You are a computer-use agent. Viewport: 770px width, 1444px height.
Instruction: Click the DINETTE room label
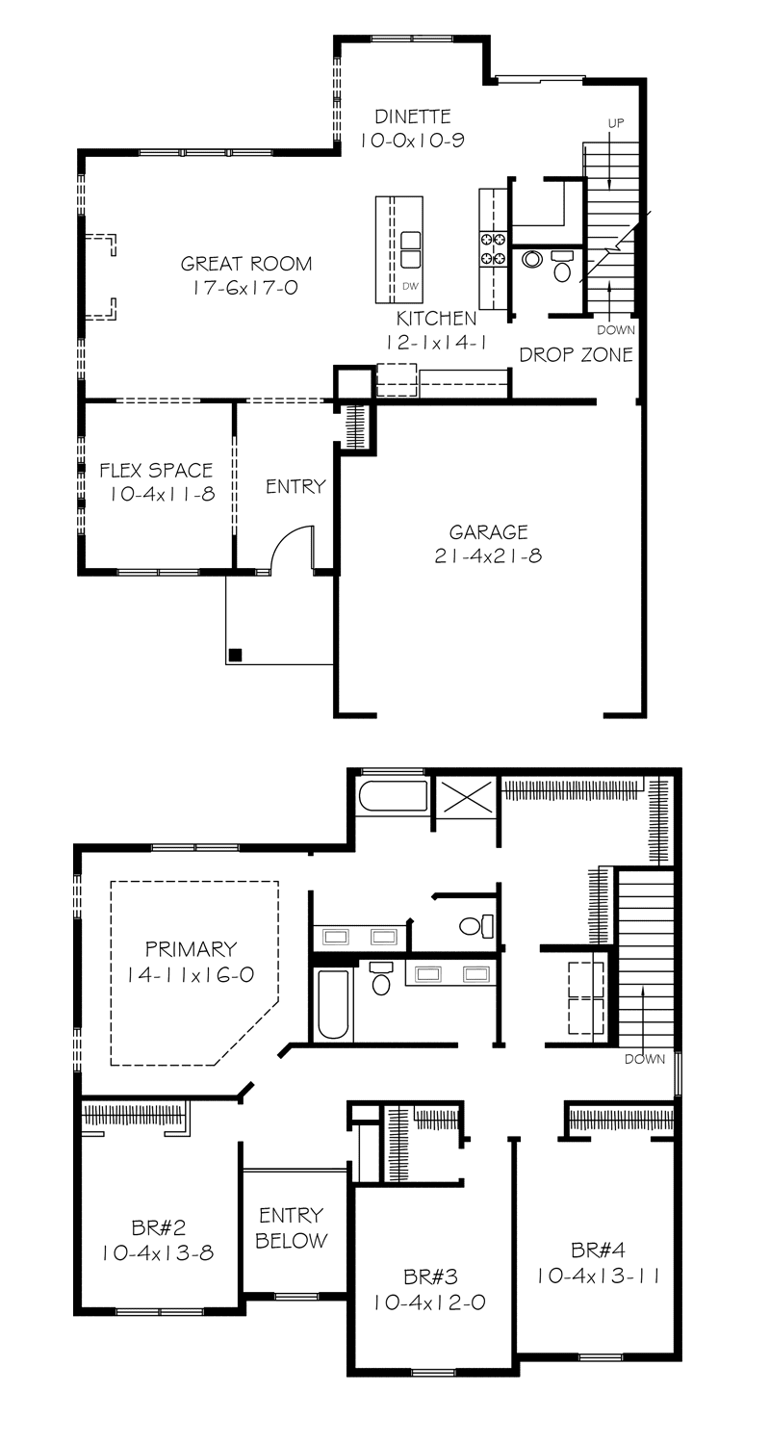413,116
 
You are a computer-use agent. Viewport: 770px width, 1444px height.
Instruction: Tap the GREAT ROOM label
246,264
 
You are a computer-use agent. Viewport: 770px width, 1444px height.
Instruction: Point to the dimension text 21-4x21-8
488,556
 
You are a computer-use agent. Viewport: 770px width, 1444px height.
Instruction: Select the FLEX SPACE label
156,471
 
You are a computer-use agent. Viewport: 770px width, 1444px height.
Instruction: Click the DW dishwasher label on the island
410,287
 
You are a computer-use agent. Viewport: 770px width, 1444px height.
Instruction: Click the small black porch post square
236,655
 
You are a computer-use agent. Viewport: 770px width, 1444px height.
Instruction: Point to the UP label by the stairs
616,123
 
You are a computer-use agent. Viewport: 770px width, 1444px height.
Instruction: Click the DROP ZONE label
576,354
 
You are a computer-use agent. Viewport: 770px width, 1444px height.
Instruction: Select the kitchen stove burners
494,248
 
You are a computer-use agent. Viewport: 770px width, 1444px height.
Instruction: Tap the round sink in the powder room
532,259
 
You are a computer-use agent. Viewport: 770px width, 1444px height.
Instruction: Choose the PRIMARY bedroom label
191,949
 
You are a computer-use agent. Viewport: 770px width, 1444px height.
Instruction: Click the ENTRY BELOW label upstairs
292,1228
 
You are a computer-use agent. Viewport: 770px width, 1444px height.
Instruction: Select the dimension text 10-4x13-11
598,1276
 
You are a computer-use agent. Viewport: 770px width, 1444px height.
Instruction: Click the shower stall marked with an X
465,797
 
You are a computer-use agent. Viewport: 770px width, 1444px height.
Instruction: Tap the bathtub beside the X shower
393,796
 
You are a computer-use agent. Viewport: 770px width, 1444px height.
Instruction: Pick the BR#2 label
158,1228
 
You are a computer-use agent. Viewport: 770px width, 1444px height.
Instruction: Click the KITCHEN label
436,319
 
